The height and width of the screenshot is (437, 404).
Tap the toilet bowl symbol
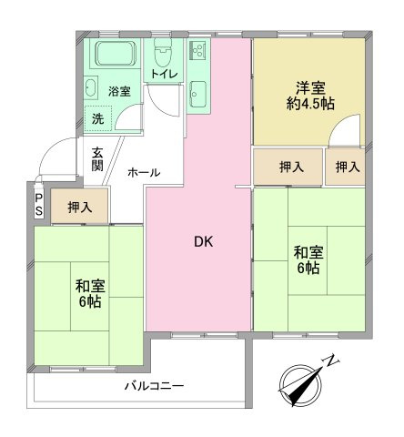(x=163, y=53)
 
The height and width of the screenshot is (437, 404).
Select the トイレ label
(x=164, y=74)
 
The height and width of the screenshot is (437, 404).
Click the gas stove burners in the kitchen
(x=198, y=50)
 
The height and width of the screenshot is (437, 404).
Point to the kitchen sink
(x=198, y=94)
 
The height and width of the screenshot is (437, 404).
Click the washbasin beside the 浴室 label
(x=91, y=87)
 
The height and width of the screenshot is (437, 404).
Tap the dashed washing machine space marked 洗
(x=98, y=118)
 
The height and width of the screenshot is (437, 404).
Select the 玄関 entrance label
(x=97, y=158)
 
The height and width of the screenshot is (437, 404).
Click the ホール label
(x=144, y=172)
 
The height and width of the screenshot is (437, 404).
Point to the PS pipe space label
(x=39, y=205)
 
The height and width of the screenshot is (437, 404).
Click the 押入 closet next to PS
(x=79, y=207)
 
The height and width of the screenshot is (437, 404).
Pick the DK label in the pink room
(x=204, y=242)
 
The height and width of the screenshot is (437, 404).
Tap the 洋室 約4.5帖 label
(x=310, y=96)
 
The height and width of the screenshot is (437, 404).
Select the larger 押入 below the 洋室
(x=288, y=167)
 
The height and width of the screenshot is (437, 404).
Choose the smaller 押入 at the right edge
(x=346, y=167)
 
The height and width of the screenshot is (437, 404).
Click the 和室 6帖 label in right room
(x=308, y=260)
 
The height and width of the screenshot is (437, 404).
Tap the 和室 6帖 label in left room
(x=90, y=293)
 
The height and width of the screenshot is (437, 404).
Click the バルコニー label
(x=155, y=386)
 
